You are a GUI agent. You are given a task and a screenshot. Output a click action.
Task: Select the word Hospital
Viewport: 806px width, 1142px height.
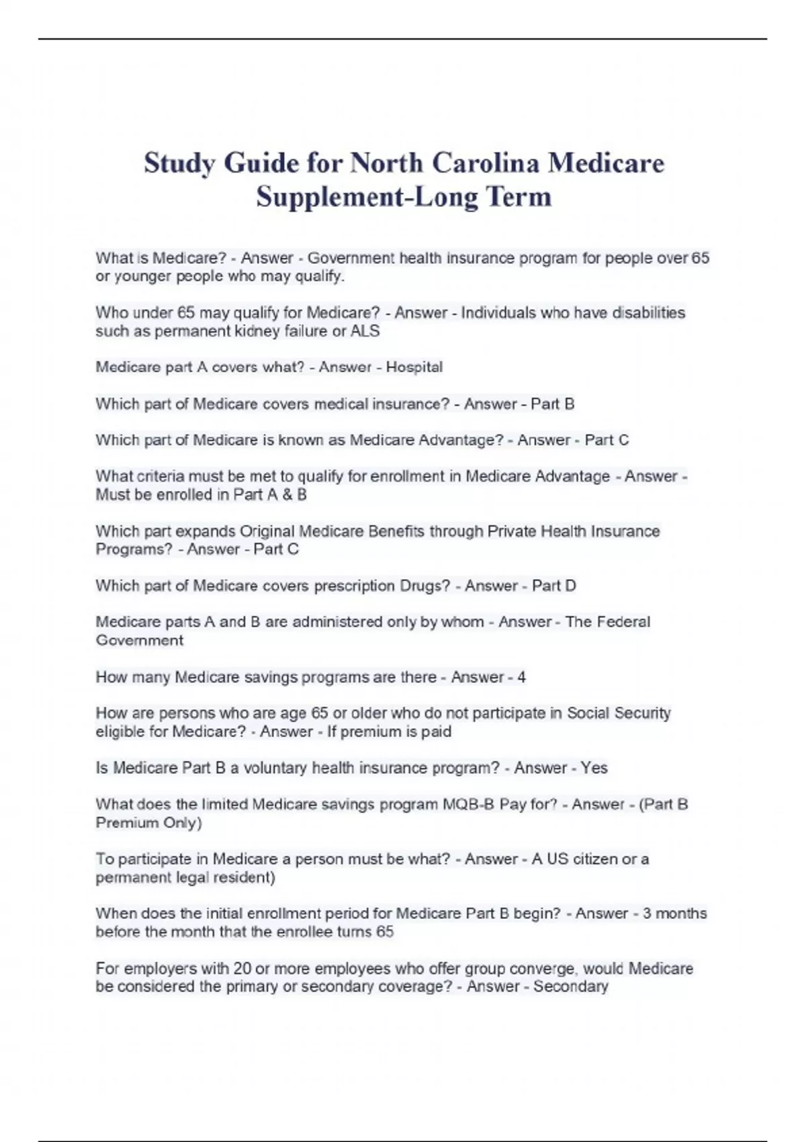coord(414,367)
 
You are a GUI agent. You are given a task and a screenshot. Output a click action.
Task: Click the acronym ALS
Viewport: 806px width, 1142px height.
coord(365,331)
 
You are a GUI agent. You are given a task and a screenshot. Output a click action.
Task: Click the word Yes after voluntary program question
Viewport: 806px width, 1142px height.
coord(594,768)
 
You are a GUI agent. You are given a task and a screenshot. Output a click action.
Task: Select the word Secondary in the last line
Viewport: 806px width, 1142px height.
coord(570,987)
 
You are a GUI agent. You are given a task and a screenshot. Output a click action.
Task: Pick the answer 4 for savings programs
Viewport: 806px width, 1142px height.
coord(521,677)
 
